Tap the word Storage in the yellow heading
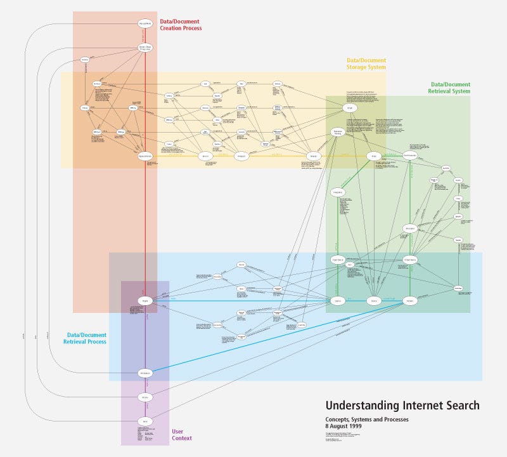coord(359,67)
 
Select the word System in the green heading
coord(459,91)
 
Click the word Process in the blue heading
coord(94,341)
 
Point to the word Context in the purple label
coord(182,438)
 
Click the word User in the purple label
coord(179,431)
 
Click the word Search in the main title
coord(463,406)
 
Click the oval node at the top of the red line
coord(145,23)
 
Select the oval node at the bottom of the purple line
coord(145,421)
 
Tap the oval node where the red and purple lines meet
coord(145,300)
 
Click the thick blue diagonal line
coord(279,336)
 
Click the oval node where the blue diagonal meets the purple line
coord(145,373)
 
